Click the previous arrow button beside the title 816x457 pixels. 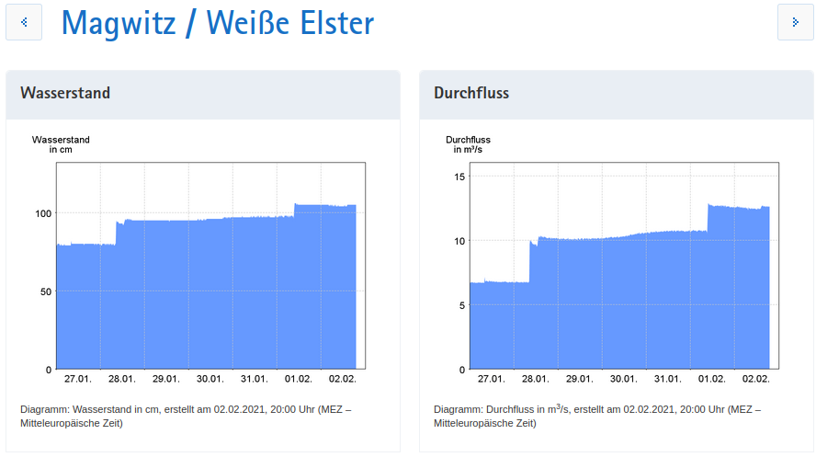pyautogui.click(x=24, y=22)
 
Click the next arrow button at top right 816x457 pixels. pyautogui.click(x=795, y=22)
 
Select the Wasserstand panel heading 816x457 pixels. pyautogui.click(x=65, y=93)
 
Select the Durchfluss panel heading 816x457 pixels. pyautogui.click(x=471, y=93)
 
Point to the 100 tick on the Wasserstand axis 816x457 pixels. pyautogui.click(x=42, y=213)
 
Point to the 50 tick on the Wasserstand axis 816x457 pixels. pyautogui.click(x=45, y=291)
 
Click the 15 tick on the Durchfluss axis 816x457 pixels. pyautogui.click(x=461, y=177)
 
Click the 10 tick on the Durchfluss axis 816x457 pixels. pyautogui.click(x=461, y=241)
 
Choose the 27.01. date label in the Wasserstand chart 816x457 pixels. pyautogui.click(x=77, y=379)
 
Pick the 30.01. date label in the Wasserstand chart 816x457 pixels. pyautogui.click(x=210, y=379)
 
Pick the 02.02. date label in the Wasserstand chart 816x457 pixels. pyautogui.click(x=343, y=379)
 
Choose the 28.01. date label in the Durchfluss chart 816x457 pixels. pyautogui.click(x=535, y=379)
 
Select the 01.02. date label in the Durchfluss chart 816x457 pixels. pyautogui.click(x=712, y=379)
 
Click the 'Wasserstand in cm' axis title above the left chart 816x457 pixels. pyautogui.click(x=61, y=143)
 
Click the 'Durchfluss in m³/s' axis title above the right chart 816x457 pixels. pyautogui.click(x=469, y=143)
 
